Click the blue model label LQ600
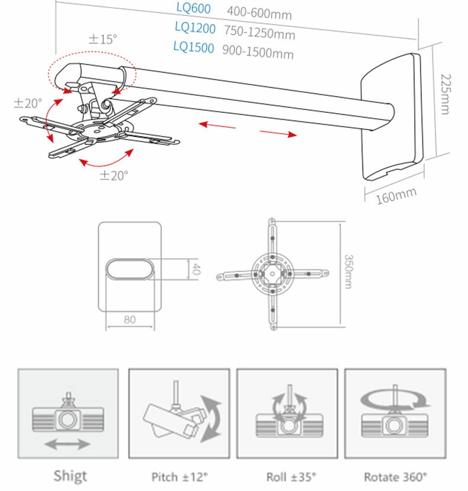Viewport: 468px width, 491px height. click(194, 8)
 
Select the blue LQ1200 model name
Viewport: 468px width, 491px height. click(195, 27)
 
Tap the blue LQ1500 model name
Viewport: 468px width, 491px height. click(194, 47)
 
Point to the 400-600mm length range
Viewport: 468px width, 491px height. click(259, 12)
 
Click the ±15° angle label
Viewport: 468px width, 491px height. click(103, 39)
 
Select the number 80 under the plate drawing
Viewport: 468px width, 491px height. click(130, 319)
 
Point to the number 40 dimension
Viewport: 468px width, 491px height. click(196, 270)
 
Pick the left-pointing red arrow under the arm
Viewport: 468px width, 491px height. click(217, 125)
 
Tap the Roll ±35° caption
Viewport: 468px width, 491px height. click(287, 476)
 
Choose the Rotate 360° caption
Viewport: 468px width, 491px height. click(396, 476)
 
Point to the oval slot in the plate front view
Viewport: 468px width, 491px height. click(129, 269)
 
